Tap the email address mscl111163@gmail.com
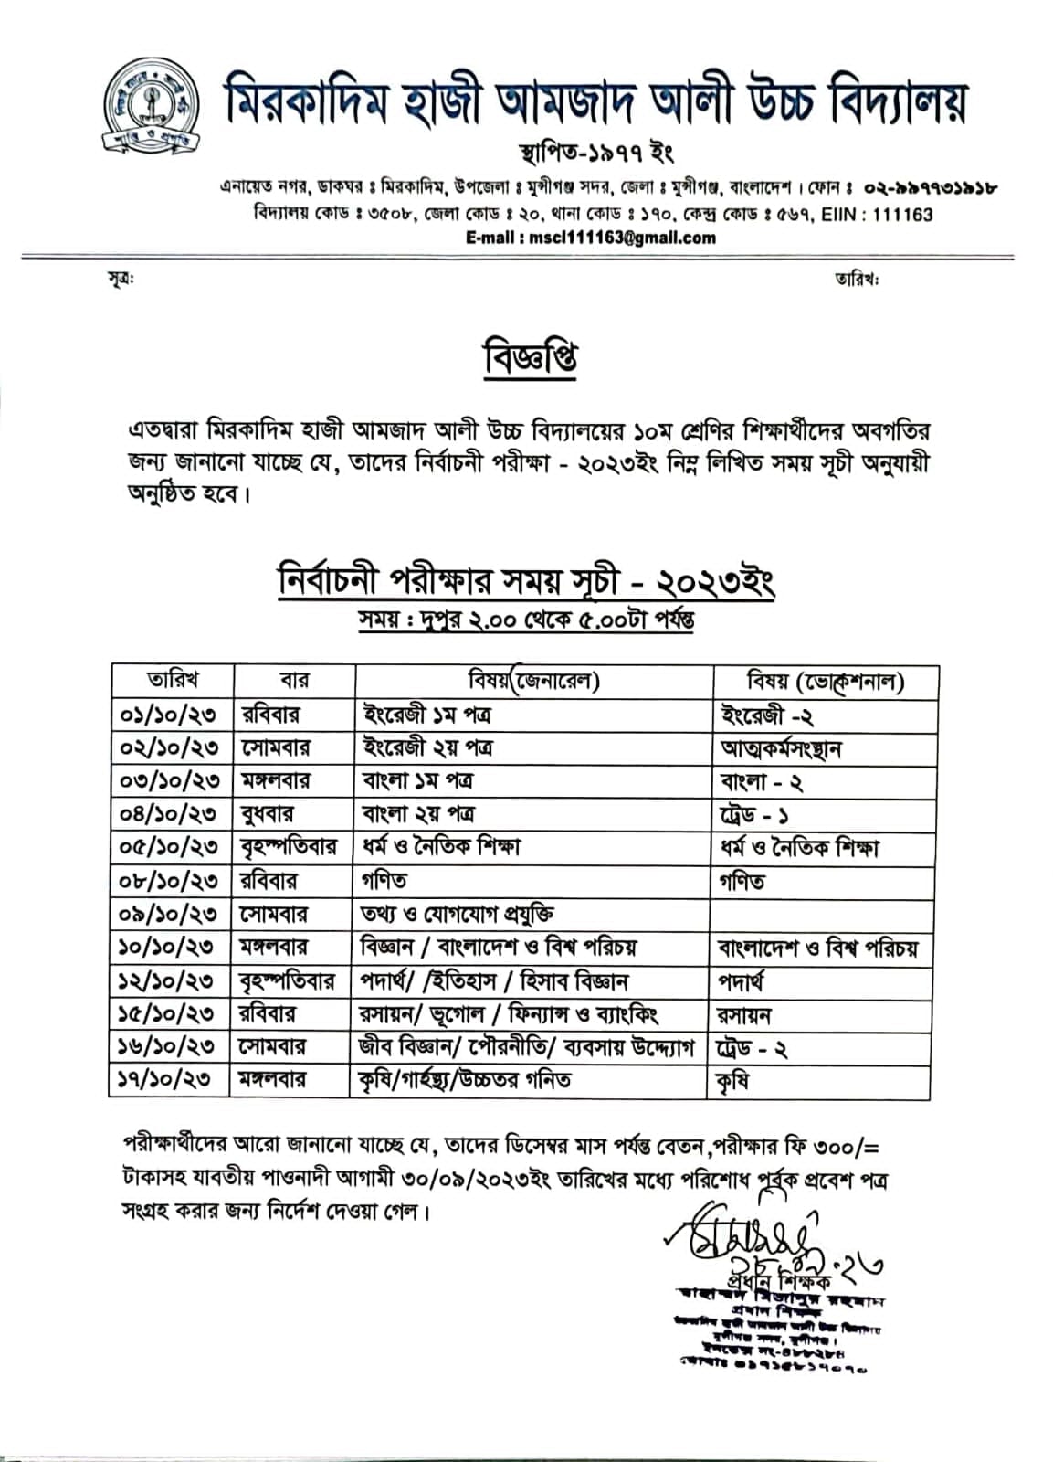[591, 238]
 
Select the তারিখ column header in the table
[173, 681]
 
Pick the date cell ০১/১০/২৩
[170, 715]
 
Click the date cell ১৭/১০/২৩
[170, 1080]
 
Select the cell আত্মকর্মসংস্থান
[780, 748]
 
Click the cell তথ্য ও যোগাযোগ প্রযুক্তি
[458, 914]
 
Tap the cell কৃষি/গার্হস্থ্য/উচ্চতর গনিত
[466, 1080]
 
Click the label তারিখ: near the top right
[856, 279]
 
